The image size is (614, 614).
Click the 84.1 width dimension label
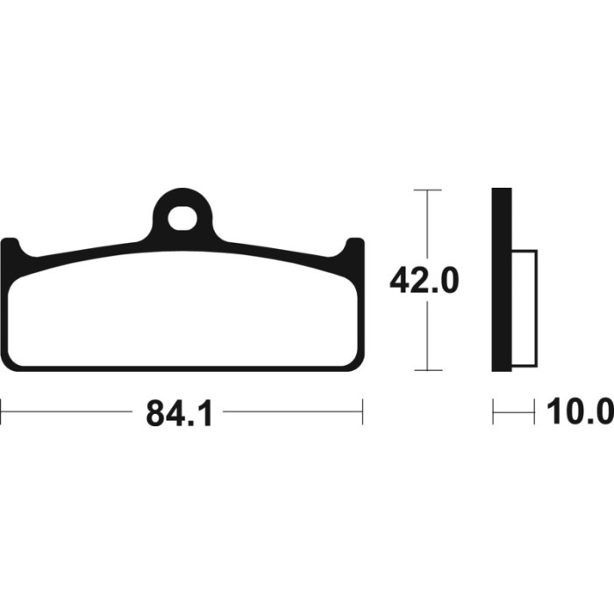click(179, 413)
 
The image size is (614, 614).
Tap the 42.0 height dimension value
click(424, 280)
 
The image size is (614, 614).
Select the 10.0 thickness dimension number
click(580, 411)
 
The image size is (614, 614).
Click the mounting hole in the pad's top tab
click(182, 218)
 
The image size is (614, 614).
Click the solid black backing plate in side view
click(502, 280)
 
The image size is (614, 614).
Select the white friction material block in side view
click(525, 308)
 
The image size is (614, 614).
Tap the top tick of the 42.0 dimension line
click(428, 190)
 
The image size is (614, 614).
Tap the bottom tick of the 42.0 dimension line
click(428, 369)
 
